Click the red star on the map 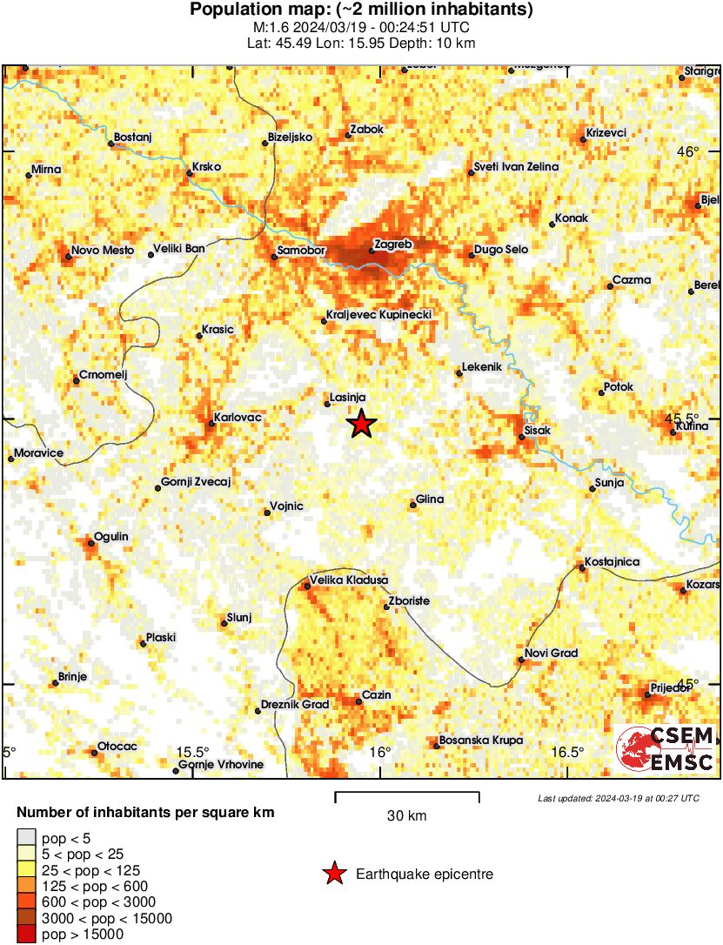tap(362, 424)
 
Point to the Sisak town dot tap(521, 436)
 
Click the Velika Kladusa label tap(348, 580)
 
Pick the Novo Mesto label tap(102, 251)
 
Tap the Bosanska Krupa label tap(481, 741)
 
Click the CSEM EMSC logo tap(666, 749)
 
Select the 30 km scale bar tap(407, 794)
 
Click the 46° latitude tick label tap(688, 152)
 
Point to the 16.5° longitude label tap(567, 753)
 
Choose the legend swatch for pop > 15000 tap(27, 935)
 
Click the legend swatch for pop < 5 tap(27, 837)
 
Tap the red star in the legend tap(333, 875)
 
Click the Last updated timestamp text tap(618, 798)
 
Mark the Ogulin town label tap(110, 537)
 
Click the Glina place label tap(430, 499)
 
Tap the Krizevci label tap(606, 132)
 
